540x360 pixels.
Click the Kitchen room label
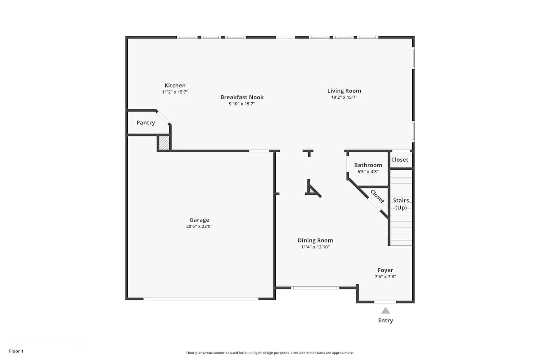(175, 85)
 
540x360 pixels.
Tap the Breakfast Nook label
(242, 97)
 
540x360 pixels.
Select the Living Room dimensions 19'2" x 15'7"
(344, 97)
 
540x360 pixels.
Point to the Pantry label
(146, 123)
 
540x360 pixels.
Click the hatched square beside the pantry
(164, 143)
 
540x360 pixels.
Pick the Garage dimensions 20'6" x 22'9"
(199, 226)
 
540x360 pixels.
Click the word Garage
(199, 220)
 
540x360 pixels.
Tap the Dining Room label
(315, 240)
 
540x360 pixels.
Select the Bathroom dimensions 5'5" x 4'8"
(368, 172)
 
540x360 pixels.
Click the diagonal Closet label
(377, 197)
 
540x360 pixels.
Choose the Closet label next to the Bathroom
(400, 159)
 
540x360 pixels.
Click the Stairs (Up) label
(401, 204)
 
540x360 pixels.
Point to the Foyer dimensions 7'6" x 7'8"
(385, 277)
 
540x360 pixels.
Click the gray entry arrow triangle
(386, 311)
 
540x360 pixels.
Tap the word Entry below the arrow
(386, 320)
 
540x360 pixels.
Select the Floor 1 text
(16, 351)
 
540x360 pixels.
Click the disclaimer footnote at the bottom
(270, 353)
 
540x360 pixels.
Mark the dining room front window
(315, 288)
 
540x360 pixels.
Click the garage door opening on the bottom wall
(201, 298)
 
